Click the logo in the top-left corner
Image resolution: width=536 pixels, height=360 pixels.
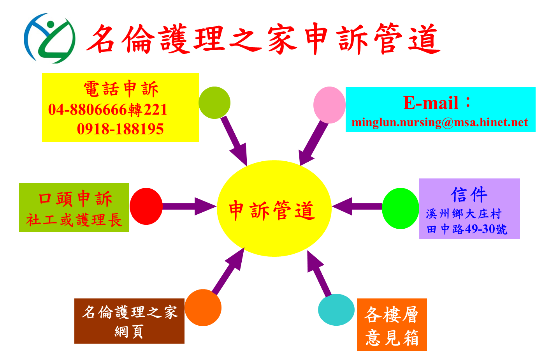[x=53, y=38]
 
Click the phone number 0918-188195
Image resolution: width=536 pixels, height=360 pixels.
[x=120, y=129]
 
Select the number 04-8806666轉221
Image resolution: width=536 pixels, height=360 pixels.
[x=108, y=110]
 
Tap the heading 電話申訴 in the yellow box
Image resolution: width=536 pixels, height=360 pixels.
[x=121, y=89]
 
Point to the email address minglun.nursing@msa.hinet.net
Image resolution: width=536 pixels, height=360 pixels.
[x=439, y=122]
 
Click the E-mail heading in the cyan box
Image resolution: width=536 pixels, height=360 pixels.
[x=431, y=103]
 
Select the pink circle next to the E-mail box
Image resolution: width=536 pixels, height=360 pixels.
[x=329, y=105]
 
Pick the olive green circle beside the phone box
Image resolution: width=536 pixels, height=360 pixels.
[x=214, y=102]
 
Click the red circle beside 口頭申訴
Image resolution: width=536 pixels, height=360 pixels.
[x=146, y=206]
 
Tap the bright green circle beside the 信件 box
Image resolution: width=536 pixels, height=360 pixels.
[x=400, y=208]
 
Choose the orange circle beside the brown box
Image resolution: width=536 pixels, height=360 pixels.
[x=203, y=307]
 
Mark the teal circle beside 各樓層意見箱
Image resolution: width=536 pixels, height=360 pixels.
[x=336, y=309]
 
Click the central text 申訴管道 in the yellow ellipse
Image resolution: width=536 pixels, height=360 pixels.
[x=271, y=210]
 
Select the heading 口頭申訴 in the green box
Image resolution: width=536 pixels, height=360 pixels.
[x=75, y=199]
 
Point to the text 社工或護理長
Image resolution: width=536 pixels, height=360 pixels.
[x=74, y=220]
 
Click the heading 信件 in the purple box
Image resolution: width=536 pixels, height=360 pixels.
[x=469, y=194]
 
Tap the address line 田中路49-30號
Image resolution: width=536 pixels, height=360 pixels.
[x=467, y=229]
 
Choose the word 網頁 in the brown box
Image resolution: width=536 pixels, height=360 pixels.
[x=129, y=332]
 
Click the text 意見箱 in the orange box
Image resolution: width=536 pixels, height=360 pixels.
[x=392, y=338]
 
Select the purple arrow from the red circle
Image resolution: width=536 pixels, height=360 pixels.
[x=189, y=206]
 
